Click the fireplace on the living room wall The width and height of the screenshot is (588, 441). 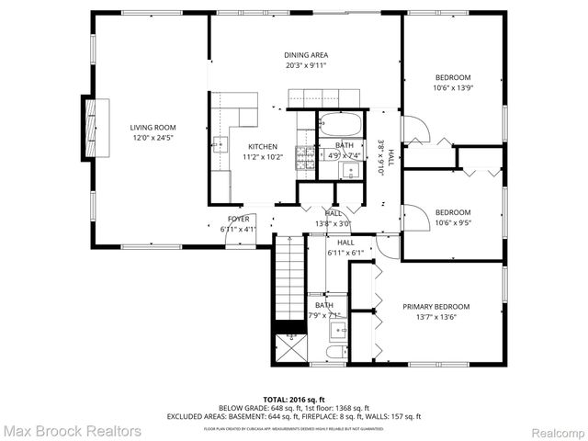(91, 127)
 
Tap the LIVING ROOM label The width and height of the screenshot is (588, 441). (153, 128)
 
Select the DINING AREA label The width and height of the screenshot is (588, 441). (306, 55)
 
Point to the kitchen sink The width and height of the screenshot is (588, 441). (220, 142)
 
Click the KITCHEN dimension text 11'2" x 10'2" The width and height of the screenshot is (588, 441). (262, 157)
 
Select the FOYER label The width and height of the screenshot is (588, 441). (238, 219)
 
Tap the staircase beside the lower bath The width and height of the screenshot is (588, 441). (289, 280)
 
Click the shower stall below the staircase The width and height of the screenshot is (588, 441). (289, 348)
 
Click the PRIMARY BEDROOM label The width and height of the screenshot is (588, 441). (436, 306)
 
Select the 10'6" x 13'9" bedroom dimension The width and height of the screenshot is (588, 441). (452, 88)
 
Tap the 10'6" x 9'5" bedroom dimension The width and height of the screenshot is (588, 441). (452, 221)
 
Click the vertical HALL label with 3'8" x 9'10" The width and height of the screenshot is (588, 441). (386, 159)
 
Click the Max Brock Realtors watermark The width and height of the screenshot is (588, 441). (72, 430)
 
